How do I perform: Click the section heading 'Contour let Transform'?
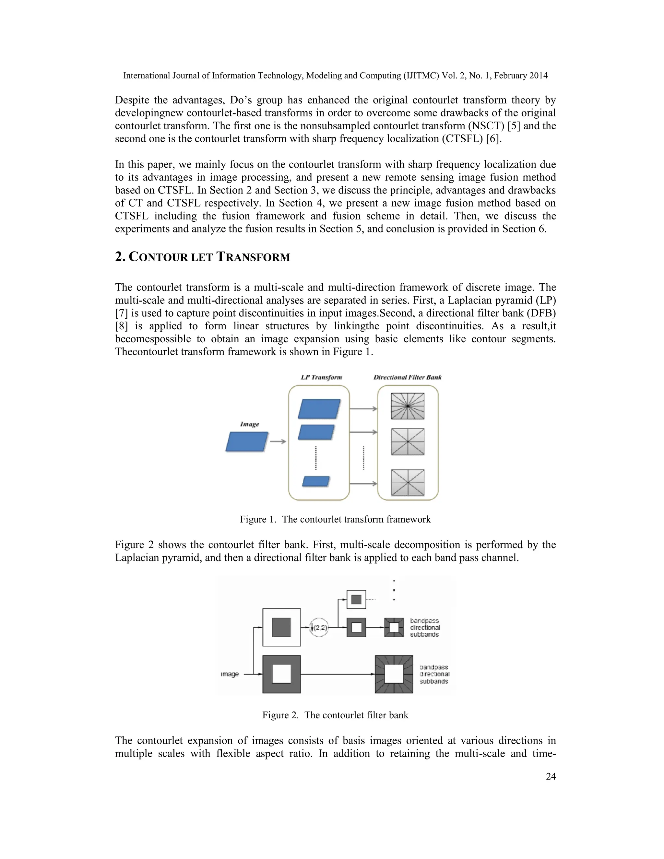pyautogui.click(x=202, y=257)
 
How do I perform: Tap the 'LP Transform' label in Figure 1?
pyautogui.click(x=321, y=377)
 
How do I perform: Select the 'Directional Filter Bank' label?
pyautogui.click(x=407, y=377)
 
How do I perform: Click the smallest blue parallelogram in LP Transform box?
pyautogui.click(x=315, y=481)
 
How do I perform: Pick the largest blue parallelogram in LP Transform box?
pyautogui.click(x=319, y=409)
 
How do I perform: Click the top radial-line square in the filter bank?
pyautogui.click(x=408, y=406)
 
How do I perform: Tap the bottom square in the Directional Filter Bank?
pyautogui.click(x=408, y=482)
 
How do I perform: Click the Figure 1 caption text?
pyautogui.click(x=335, y=519)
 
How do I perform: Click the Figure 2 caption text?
pyautogui.click(x=335, y=715)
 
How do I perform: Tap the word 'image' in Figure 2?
pyautogui.click(x=230, y=674)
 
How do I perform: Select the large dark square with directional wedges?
pyautogui.click(x=394, y=674)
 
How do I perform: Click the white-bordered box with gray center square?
pyautogui.click(x=281, y=627)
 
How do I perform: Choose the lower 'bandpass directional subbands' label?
pyautogui.click(x=434, y=674)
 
